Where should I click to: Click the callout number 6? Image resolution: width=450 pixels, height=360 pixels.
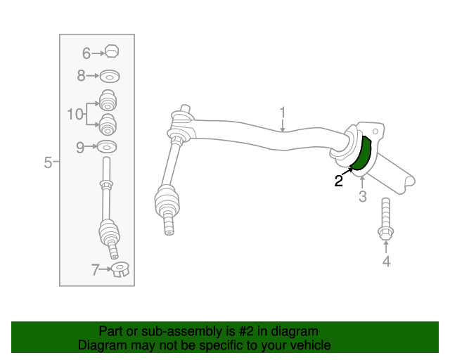point(86,53)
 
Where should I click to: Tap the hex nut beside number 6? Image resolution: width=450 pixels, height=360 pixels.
point(112,51)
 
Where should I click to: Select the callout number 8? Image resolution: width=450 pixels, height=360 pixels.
point(82,76)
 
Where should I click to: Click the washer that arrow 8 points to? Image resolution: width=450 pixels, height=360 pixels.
point(110,77)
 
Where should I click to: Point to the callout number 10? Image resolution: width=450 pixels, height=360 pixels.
point(75,114)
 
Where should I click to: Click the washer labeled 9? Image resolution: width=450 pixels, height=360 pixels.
point(107,147)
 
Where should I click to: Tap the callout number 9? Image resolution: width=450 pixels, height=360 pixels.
point(80,147)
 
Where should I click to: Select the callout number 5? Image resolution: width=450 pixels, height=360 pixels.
point(48,162)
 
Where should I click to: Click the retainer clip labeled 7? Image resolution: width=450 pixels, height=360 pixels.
point(120,269)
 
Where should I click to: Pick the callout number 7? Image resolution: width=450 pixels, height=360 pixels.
point(96,269)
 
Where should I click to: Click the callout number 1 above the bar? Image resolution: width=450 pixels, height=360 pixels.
point(283,112)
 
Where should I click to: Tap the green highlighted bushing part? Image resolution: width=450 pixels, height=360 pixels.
point(361,153)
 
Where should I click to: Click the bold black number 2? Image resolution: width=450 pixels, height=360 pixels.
point(339,181)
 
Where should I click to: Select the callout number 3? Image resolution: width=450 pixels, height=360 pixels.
point(363,197)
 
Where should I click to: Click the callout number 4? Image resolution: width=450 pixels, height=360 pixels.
point(386,262)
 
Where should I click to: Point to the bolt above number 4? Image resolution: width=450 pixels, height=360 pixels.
point(386,219)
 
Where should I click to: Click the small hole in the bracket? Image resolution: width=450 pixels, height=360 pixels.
point(375,131)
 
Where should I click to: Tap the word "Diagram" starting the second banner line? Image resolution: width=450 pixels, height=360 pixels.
point(102,345)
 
